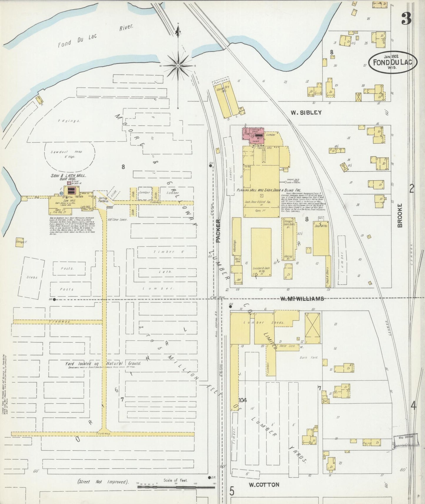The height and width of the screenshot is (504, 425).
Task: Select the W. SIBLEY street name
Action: coord(306,112)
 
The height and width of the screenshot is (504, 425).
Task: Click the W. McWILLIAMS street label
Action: coord(301,299)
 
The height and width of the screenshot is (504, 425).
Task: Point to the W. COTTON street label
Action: coord(264,485)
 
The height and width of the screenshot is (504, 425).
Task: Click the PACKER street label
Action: coord(218,231)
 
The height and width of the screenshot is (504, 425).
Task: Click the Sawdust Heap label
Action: coord(70,154)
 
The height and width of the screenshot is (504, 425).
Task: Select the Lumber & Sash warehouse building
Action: coord(261,252)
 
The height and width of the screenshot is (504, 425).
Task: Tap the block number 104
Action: coord(243,400)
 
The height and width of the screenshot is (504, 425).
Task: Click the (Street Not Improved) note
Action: coord(103,482)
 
